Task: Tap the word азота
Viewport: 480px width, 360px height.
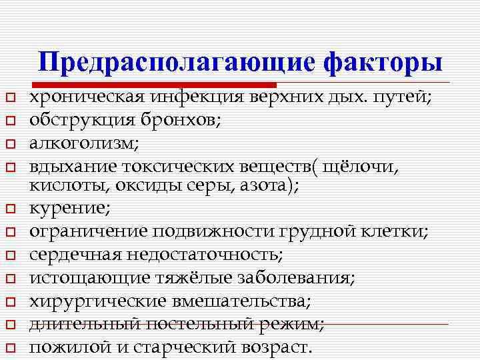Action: [x=266, y=186]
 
